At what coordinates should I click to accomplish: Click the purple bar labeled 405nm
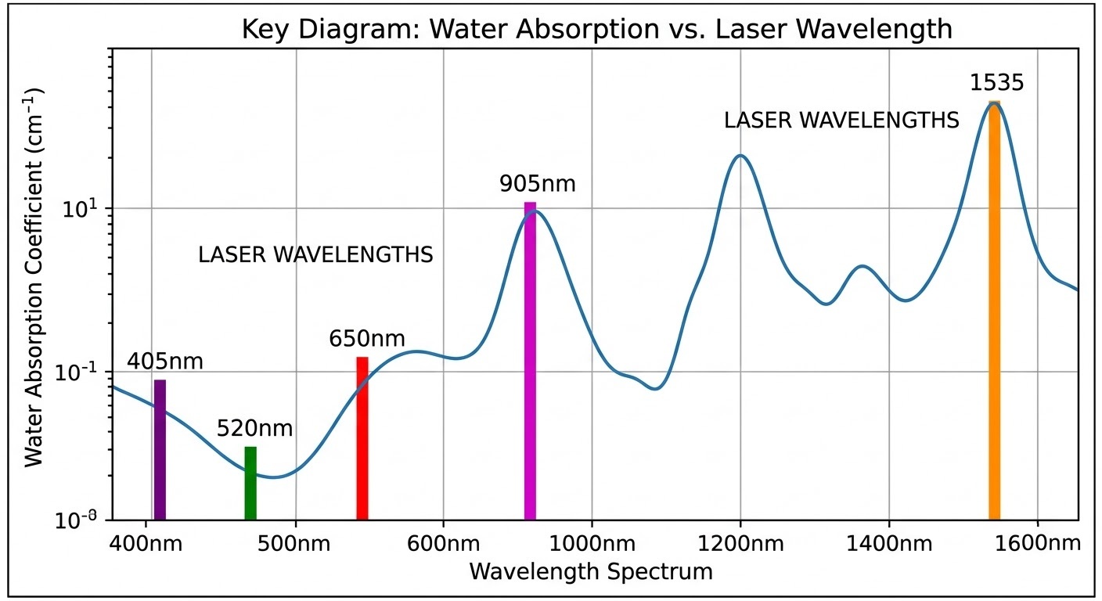(x=160, y=449)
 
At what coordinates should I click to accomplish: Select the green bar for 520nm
(x=250, y=483)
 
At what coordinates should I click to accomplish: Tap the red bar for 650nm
(x=362, y=438)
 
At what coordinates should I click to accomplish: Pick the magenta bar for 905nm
(x=530, y=360)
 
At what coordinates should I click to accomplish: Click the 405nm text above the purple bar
(x=164, y=362)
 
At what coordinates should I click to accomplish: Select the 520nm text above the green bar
(x=254, y=429)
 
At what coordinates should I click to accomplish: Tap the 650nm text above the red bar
(x=367, y=339)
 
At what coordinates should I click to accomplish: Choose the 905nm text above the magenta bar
(x=538, y=184)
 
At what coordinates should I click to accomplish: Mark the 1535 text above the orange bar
(x=997, y=83)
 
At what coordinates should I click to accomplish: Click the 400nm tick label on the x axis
(x=149, y=542)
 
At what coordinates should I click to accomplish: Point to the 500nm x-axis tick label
(x=296, y=542)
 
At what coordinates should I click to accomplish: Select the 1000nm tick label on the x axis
(x=592, y=542)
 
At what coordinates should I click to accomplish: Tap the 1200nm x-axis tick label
(x=740, y=542)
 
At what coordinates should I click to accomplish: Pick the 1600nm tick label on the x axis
(x=1038, y=542)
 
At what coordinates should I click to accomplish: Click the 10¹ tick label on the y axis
(x=92, y=209)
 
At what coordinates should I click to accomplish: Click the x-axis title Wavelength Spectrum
(x=591, y=571)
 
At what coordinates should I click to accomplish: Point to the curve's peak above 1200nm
(x=740, y=155)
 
